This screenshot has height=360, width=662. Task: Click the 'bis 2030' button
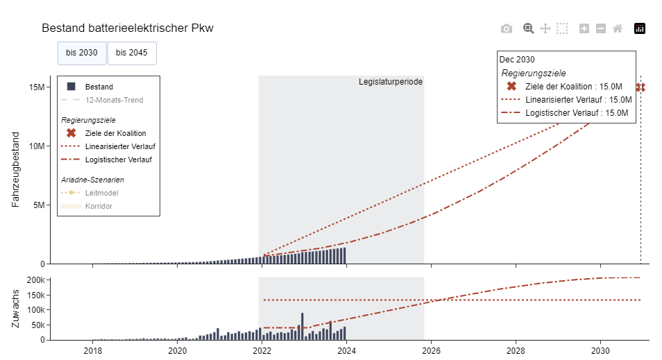pos(82,53)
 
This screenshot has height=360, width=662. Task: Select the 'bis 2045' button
pos(131,53)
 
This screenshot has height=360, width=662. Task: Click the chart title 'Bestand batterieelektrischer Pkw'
pos(128,28)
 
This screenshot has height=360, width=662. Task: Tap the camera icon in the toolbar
pos(507,28)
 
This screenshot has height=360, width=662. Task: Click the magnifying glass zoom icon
pos(528,28)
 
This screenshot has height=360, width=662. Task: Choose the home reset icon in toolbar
pos(618,28)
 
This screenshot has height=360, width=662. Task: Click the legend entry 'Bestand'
pos(99,87)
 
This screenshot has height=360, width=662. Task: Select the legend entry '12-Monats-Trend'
pos(114,100)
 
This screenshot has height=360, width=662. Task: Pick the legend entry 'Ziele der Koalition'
pos(115,133)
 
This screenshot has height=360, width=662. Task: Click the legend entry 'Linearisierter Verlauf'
pos(119,146)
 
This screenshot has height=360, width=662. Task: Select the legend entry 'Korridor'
pos(99,206)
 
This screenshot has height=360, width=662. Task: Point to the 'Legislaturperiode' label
pos(390,82)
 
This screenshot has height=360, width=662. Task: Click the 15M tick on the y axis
pos(37,87)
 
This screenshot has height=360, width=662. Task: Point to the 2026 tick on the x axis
pos(431,350)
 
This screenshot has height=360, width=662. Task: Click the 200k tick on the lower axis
pos(35,280)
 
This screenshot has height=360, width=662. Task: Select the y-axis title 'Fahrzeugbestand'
pos(15,169)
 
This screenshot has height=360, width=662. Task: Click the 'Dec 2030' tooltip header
pos(517,60)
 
